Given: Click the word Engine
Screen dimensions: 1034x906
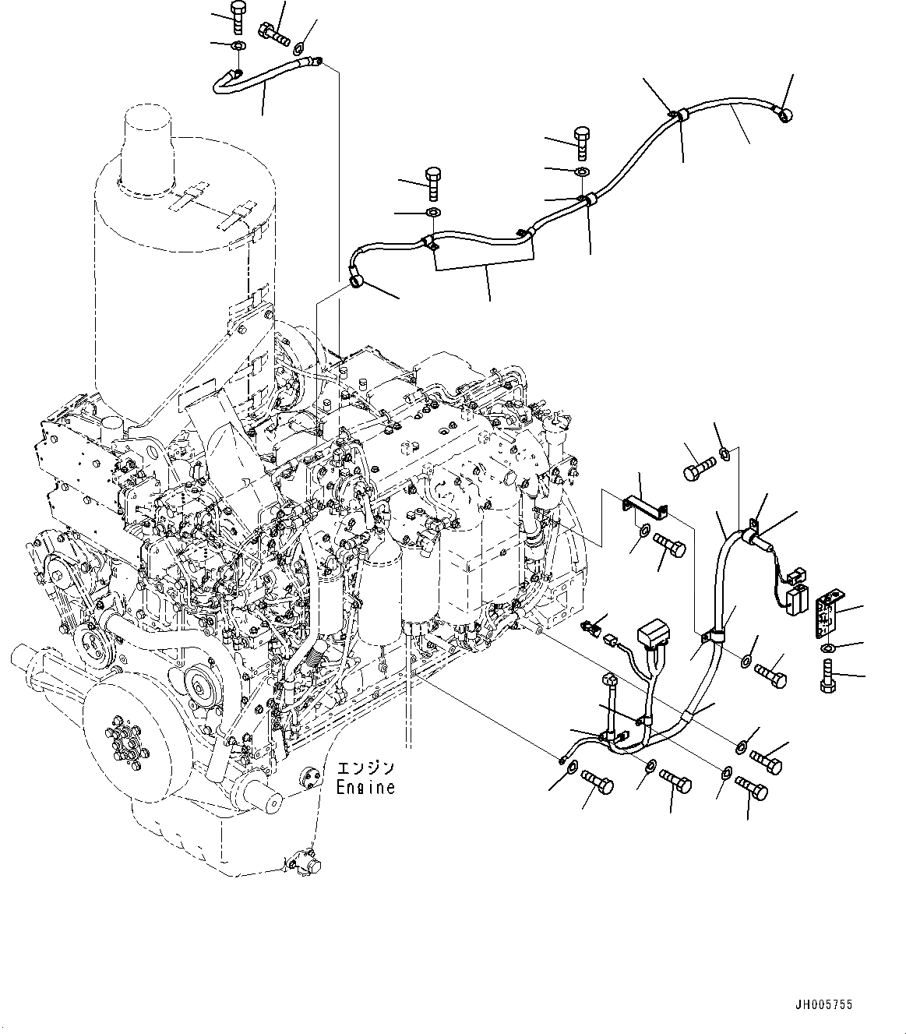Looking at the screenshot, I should click(x=365, y=787).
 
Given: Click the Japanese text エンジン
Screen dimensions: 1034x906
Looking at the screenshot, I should click(x=365, y=769).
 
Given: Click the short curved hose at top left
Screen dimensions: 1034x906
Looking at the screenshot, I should click(x=265, y=71).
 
